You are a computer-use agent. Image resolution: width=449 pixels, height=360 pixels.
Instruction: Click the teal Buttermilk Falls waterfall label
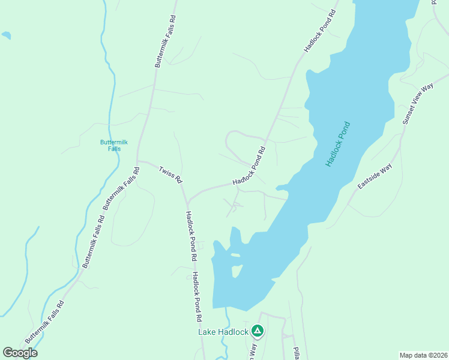[x=110, y=145]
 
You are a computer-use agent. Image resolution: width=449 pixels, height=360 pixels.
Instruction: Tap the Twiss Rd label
[x=170, y=175]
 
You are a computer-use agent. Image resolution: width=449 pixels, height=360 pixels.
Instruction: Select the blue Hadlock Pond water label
[x=338, y=144]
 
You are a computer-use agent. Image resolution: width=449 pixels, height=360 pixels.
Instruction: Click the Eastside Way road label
[x=375, y=176]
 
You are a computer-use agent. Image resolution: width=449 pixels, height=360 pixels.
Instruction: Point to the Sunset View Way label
[x=418, y=104]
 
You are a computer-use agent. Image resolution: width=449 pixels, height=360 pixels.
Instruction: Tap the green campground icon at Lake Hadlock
[x=258, y=331]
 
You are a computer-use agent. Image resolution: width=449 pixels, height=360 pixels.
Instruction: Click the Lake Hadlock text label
[x=223, y=331]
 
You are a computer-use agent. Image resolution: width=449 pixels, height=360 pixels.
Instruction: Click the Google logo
[x=20, y=352]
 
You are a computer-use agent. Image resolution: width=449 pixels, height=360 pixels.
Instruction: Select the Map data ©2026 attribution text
[x=423, y=355]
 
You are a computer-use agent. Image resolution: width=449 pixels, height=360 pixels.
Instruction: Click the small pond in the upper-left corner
[x=5, y=35]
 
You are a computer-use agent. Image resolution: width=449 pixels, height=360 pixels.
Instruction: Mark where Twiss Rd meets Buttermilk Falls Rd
[x=139, y=161]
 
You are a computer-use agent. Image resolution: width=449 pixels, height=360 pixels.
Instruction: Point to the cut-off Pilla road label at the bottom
[x=296, y=353]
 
